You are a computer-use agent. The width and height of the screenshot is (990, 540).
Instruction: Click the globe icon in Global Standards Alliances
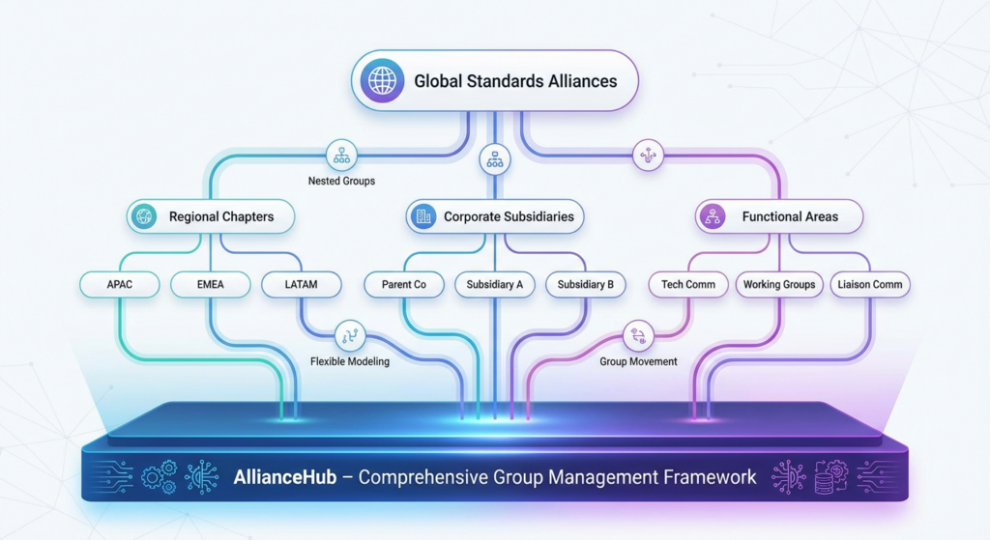382,81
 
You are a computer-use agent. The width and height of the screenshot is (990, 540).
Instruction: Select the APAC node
119,285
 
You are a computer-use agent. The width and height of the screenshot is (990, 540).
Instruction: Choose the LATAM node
302,285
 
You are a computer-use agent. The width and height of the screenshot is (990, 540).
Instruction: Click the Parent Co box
404,285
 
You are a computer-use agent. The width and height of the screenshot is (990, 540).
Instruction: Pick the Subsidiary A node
494,285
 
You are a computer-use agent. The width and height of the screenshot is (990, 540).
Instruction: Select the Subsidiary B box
586,285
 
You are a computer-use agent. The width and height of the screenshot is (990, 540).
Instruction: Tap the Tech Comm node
688,285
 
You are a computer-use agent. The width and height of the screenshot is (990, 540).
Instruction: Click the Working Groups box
779,285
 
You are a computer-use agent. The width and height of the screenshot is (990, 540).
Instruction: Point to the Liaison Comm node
871,285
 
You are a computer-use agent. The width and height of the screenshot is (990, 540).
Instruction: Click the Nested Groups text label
341,181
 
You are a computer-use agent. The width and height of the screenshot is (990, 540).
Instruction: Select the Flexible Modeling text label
350,362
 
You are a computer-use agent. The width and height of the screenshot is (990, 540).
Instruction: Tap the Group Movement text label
638,362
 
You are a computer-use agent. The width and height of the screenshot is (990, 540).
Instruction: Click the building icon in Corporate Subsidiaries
423,217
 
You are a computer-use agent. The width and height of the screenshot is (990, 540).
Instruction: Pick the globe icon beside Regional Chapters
146,217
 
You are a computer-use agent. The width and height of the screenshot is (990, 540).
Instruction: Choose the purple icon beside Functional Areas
713,217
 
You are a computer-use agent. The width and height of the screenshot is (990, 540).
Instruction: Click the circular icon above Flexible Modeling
349,336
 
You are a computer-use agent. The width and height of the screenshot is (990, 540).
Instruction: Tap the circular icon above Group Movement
638,336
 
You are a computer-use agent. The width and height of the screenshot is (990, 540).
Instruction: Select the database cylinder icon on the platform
825,480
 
